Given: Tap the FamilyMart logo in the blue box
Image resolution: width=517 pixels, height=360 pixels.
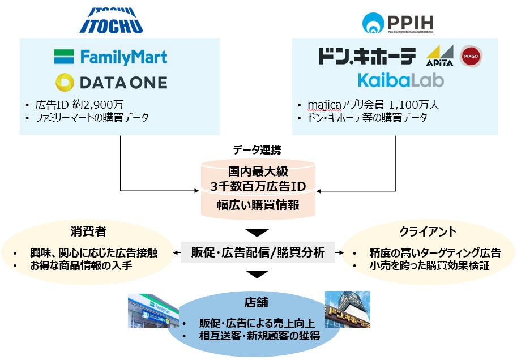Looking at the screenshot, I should point(110,57).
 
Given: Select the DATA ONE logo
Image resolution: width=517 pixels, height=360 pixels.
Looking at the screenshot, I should point(112,83).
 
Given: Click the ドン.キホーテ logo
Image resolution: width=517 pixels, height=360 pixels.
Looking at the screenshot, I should point(366,55).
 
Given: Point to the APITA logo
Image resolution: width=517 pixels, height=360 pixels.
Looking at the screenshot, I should point(439,57).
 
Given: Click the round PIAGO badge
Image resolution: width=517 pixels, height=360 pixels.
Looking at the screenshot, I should point(471,55).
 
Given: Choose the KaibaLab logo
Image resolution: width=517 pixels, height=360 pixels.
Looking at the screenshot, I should point(400,79).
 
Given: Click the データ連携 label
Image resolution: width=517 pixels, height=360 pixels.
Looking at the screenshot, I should point(257,150).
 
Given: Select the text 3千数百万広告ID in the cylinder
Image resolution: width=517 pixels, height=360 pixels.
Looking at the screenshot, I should point(258,185).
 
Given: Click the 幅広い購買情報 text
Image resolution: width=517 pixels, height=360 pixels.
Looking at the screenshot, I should point(258,205).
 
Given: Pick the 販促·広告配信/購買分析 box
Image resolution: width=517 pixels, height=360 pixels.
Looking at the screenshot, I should point(258,252).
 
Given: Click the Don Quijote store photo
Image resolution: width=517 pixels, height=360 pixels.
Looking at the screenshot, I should point(347,311).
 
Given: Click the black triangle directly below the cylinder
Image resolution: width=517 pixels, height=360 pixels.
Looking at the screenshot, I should point(258,233).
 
